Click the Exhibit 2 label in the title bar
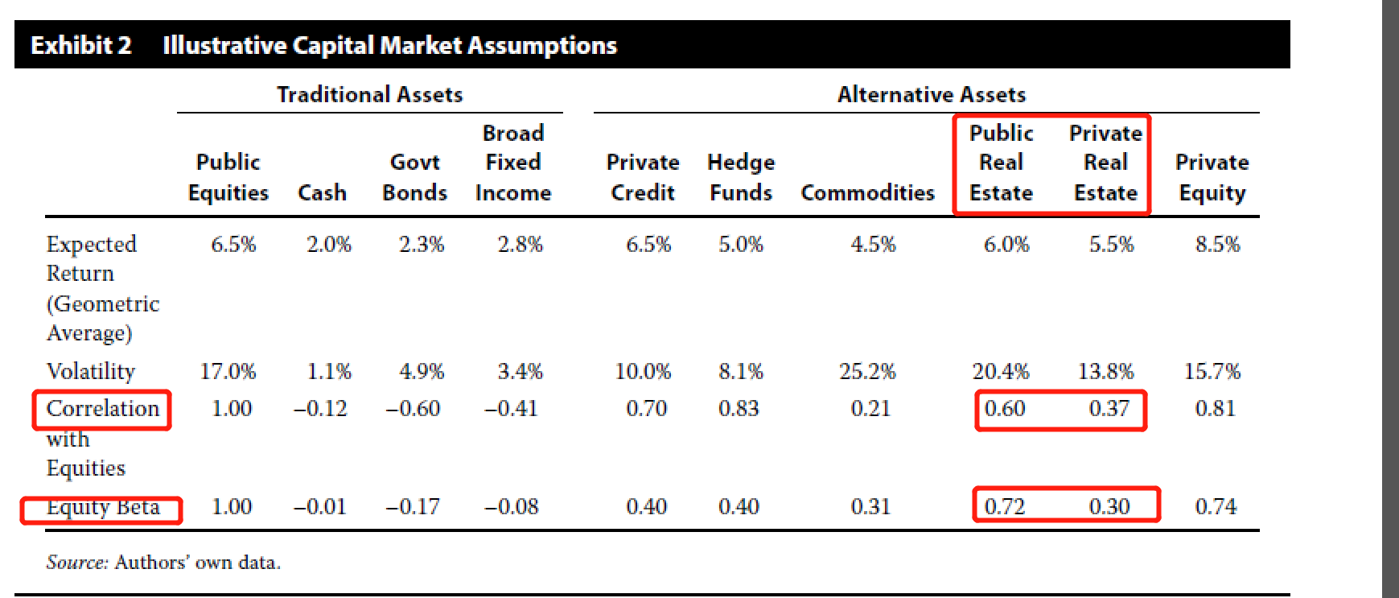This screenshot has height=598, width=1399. click(x=80, y=45)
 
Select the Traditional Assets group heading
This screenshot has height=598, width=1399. click(x=369, y=95)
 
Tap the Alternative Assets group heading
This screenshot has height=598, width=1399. click(x=931, y=95)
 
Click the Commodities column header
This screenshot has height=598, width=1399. click(x=867, y=193)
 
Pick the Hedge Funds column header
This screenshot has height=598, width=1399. click(x=740, y=177)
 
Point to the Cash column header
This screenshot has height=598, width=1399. click(x=322, y=193)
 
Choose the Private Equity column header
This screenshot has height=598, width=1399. click(x=1212, y=177)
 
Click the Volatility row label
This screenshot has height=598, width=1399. click(x=91, y=371)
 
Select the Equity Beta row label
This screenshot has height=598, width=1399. click(x=103, y=507)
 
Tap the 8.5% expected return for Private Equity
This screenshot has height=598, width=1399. click(x=1217, y=245)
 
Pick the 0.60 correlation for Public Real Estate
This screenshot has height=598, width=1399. click(x=1005, y=409)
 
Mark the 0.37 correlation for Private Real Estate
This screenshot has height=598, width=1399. click(x=1109, y=409)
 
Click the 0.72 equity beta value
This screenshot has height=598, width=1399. click(x=1005, y=506)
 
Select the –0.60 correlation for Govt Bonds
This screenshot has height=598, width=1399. click(x=413, y=409)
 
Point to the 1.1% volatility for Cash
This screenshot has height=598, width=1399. click(x=329, y=371)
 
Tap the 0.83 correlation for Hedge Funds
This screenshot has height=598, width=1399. click(x=739, y=409)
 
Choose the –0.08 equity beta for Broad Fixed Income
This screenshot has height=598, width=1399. click(x=512, y=506)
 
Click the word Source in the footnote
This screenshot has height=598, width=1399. click(x=76, y=563)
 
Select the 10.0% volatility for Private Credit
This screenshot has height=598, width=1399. click(x=643, y=371)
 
